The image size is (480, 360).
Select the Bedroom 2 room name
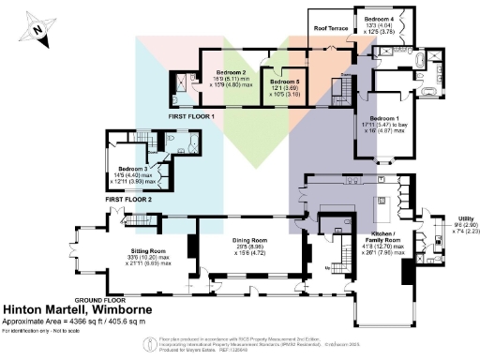[x=231, y=72]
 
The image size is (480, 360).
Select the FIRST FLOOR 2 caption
[x=129, y=199]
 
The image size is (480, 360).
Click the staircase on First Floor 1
[x=347, y=89]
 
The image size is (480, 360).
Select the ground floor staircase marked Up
[x=333, y=245]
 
